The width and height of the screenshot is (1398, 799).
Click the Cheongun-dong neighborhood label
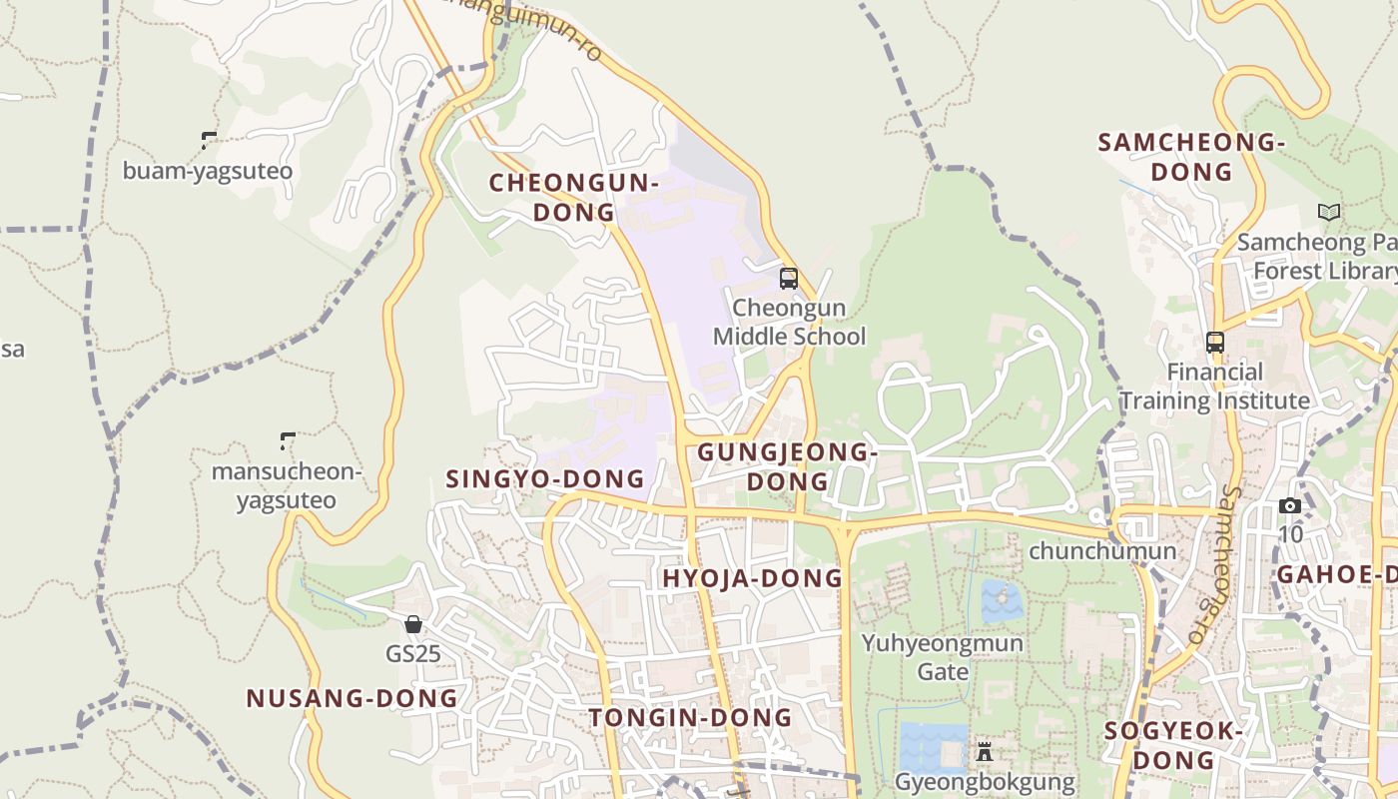pyautogui.click(x=573, y=198)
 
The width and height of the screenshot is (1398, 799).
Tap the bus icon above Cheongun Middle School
pyautogui.click(x=789, y=279)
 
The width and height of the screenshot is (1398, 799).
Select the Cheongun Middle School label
pyautogui.click(x=789, y=323)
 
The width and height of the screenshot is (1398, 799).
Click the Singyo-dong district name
pyautogui.click(x=545, y=479)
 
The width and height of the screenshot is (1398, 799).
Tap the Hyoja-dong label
pyautogui.click(x=753, y=579)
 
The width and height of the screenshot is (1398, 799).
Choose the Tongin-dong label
pyautogui.click(x=690, y=718)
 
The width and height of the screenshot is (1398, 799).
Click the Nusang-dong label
pyautogui.click(x=352, y=699)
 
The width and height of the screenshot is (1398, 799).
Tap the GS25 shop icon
pyautogui.click(x=413, y=625)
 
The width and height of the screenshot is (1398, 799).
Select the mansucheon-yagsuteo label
pyautogui.click(x=287, y=485)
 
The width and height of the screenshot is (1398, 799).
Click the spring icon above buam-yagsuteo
pyautogui.click(x=209, y=141)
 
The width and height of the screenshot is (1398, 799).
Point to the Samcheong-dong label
pyautogui.click(x=1191, y=157)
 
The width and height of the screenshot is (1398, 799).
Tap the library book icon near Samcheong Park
pyautogui.click(x=1328, y=212)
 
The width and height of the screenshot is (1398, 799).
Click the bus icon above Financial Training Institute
pyautogui.click(x=1215, y=343)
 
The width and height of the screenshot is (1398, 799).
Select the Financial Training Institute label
pyautogui.click(x=1214, y=387)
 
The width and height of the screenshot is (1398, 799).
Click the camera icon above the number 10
pyautogui.click(x=1290, y=505)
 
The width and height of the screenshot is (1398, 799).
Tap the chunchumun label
pyautogui.click(x=1102, y=551)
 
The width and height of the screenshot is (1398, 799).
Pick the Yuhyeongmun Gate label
pyautogui.click(x=943, y=657)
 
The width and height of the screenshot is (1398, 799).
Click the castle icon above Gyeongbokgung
pyautogui.click(x=985, y=751)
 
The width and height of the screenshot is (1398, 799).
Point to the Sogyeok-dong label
pyautogui.click(x=1173, y=745)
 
